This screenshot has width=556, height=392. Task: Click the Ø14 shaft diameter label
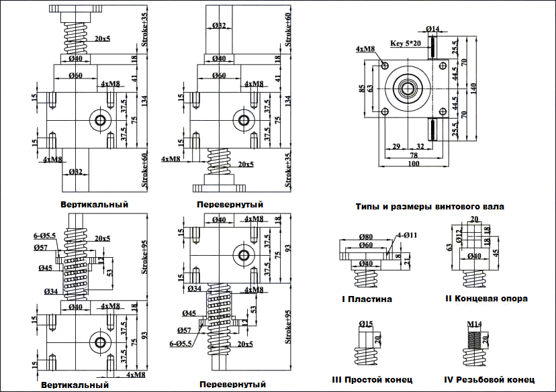pos(432,29)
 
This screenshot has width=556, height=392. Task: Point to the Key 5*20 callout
pos(405,43)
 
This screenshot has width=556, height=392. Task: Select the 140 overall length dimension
pos(474,87)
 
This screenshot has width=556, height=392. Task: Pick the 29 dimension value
pos(396,146)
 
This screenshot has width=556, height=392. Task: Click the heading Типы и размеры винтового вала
pos(430,207)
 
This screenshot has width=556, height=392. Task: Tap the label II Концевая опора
pos(486,298)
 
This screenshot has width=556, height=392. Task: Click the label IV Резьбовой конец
pos(495,379)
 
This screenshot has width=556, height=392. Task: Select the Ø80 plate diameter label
pos(367,237)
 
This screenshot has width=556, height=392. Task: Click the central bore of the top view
pos(406,87)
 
